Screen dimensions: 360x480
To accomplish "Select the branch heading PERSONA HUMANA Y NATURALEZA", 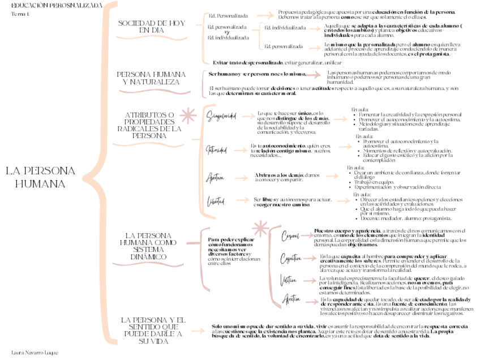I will coord(151,78).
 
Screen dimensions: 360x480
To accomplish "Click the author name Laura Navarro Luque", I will coord(35,352).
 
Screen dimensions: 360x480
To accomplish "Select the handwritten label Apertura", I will coord(216,177).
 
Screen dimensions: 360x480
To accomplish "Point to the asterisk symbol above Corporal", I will coord(260,229).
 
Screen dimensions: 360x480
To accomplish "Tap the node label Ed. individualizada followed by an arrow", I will coord(285,28).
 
